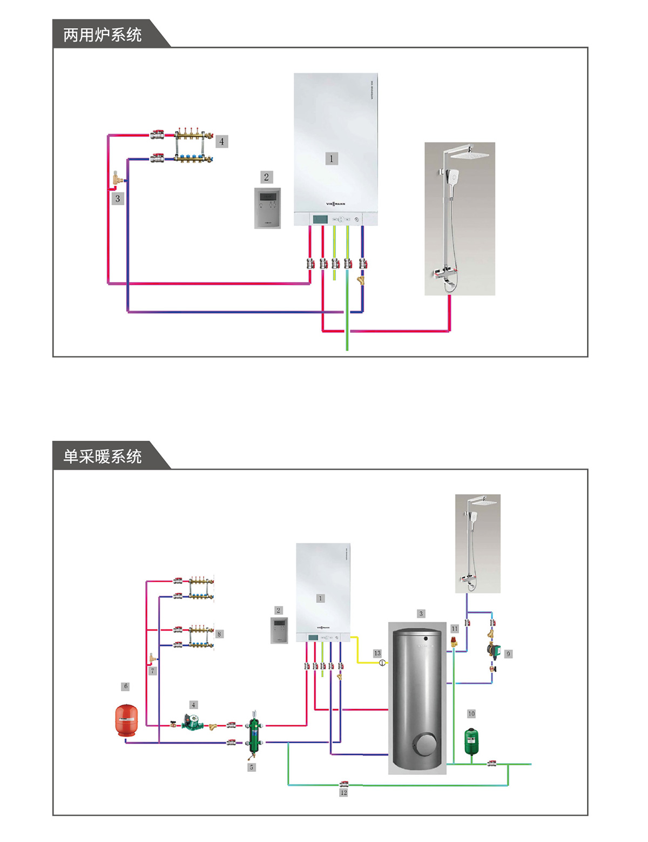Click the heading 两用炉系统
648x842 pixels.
(x=103, y=35)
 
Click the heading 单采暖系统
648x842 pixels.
(x=103, y=457)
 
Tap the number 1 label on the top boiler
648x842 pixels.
(x=332, y=158)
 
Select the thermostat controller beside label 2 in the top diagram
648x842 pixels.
(x=267, y=208)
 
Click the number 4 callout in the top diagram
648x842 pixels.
(x=221, y=142)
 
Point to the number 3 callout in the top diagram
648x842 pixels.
(x=118, y=199)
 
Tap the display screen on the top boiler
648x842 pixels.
(x=320, y=219)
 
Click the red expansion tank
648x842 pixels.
(x=126, y=720)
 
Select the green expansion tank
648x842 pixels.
(x=472, y=741)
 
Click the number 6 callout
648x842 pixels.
(x=126, y=686)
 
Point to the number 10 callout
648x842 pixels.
(x=471, y=714)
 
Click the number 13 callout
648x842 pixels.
(x=377, y=654)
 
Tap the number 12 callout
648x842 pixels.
(x=343, y=793)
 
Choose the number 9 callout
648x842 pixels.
(x=508, y=654)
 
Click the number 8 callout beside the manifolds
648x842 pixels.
(x=219, y=634)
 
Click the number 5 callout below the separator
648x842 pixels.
(x=251, y=767)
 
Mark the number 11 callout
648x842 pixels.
(x=454, y=629)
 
